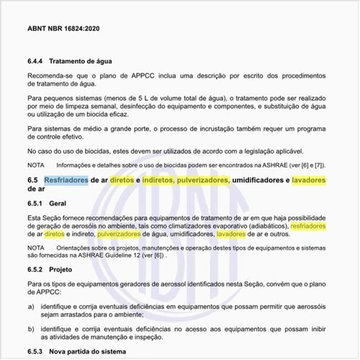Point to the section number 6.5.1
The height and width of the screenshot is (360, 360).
pyautogui.click(x=37, y=204)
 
